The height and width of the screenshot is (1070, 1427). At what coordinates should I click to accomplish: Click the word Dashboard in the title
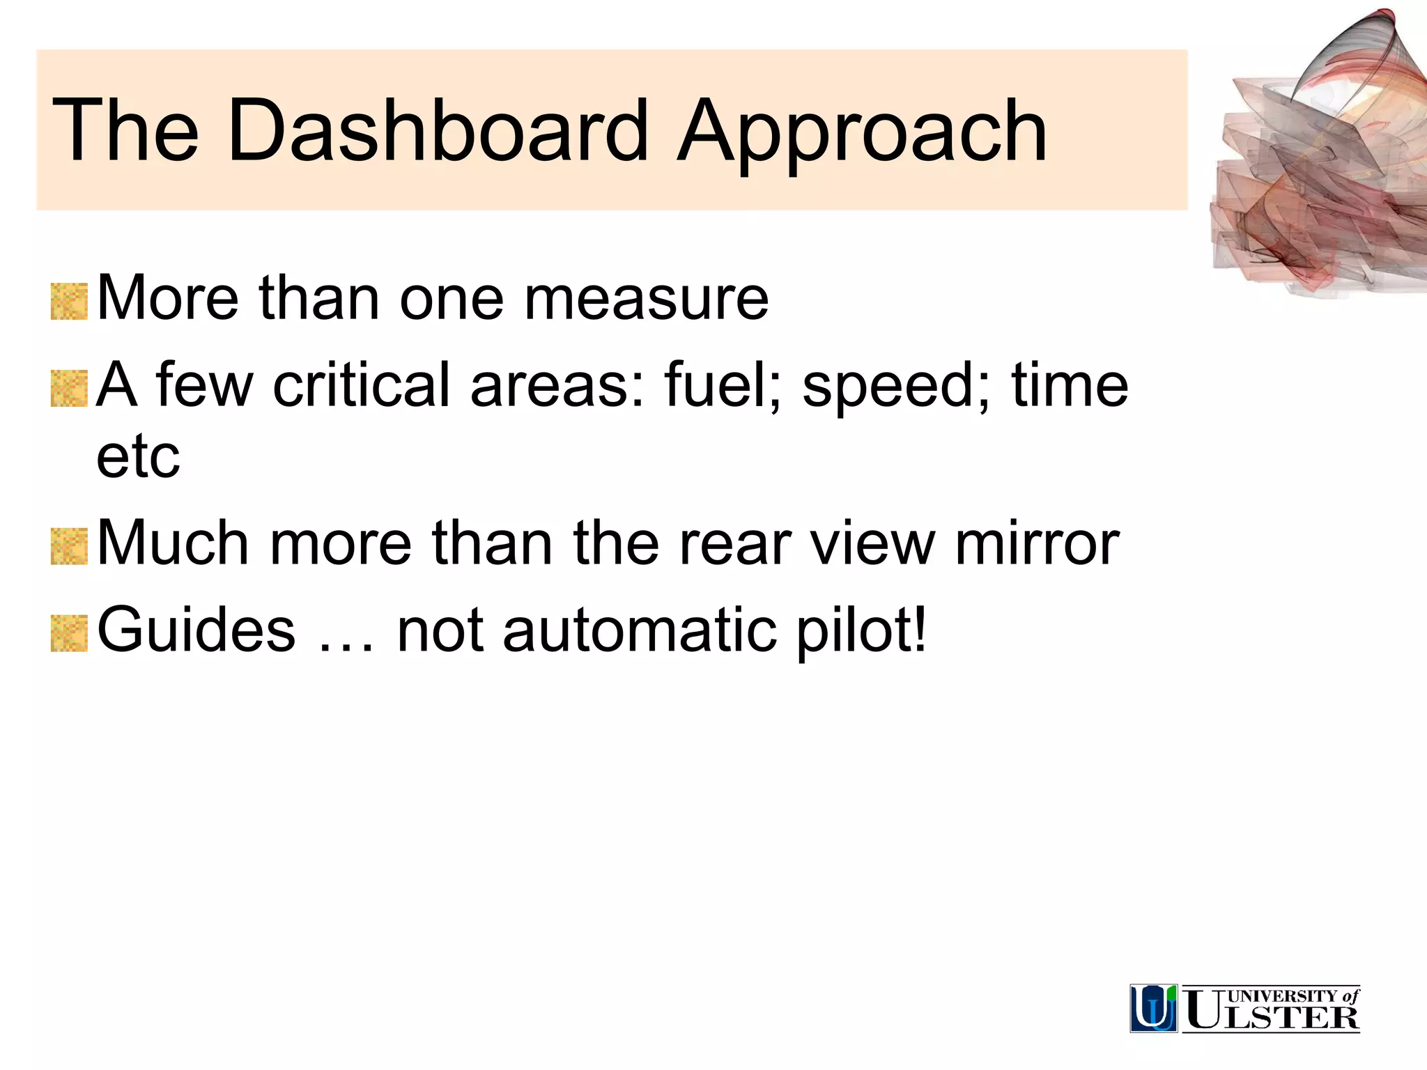click(x=438, y=130)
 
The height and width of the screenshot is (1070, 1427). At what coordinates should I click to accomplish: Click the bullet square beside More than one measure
click(x=69, y=302)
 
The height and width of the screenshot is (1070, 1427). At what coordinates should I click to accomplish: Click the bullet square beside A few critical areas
click(x=69, y=389)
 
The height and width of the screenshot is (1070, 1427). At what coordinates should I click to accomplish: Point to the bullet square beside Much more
click(x=69, y=546)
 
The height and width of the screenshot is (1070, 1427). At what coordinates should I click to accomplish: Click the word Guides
click(x=196, y=630)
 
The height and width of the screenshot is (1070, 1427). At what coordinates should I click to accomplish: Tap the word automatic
click(x=639, y=630)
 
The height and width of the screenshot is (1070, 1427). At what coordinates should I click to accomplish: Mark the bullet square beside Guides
click(x=69, y=633)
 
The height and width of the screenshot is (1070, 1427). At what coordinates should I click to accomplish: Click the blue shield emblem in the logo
click(x=1153, y=1008)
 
